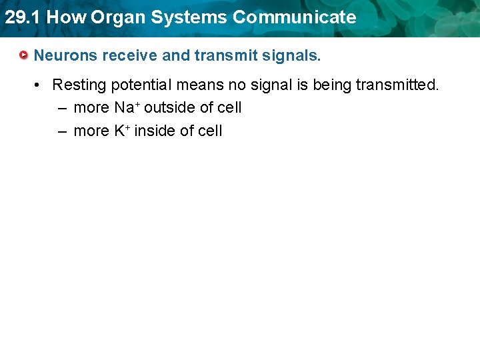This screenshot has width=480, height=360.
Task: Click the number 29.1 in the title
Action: click(22, 17)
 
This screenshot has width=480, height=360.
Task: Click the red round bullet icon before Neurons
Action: click(24, 55)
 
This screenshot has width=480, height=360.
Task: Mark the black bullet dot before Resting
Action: click(39, 85)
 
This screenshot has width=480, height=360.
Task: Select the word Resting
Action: click(78, 85)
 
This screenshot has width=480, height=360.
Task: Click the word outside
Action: click(170, 107)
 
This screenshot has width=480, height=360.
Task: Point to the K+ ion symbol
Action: click(122, 131)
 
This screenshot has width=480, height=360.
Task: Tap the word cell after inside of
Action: click(210, 131)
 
